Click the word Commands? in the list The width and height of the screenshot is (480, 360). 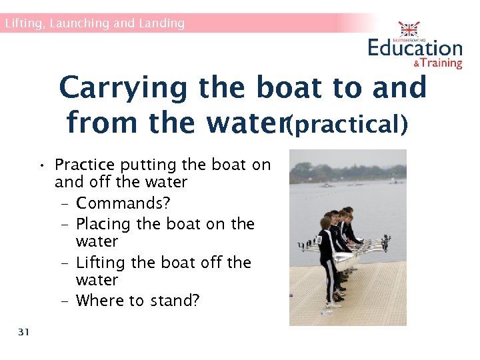point(118,202)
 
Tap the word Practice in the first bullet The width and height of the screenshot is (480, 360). point(85,164)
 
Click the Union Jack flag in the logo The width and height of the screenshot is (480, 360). point(408,30)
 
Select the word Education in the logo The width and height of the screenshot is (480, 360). point(415,48)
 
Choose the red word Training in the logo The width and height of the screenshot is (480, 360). point(441,63)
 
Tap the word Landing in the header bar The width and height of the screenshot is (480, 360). point(161,23)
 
